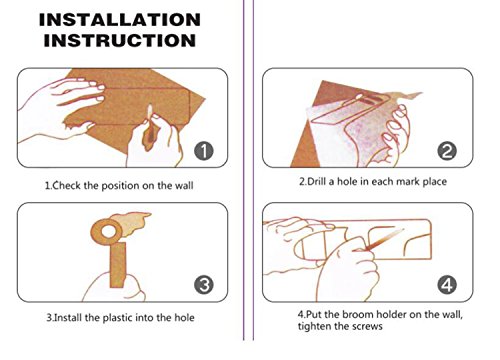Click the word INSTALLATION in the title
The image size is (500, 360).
click(x=120, y=20)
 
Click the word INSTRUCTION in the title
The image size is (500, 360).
click(x=120, y=40)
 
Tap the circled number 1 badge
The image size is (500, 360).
click(x=204, y=151)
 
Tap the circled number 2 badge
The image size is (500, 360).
click(x=447, y=151)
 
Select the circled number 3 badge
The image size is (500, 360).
click(x=204, y=285)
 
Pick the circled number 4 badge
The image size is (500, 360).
click(x=447, y=285)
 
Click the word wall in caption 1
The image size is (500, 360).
click(x=184, y=185)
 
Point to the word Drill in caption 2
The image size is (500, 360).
click(x=316, y=182)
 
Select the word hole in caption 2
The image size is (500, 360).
click(x=347, y=182)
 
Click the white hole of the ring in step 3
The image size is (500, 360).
click(x=108, y=231)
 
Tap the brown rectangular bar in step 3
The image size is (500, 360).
click(x=118, y=265)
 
